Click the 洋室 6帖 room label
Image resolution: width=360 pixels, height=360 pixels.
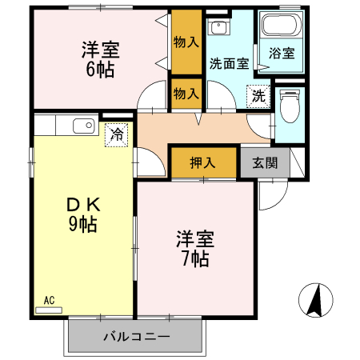pyautogui.click(x=100, y=59)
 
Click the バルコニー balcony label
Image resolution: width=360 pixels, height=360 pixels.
pyautogui.click(x=136, y=338)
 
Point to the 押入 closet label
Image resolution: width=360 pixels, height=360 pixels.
pyautogui.click(x=203, y=162)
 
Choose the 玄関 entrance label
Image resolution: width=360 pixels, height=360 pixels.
pyautogui.click(x=265, y=162)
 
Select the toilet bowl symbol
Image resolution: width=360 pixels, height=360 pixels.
pyautogui.click(x=290, y=106)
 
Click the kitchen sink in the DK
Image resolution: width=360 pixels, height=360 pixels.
pyautogui.click(x=83, y=125)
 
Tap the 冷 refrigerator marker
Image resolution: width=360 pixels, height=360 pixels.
pyautogui.click(x=117, y=134)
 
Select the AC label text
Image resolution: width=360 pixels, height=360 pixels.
pyautogui.click(x=49, y=301)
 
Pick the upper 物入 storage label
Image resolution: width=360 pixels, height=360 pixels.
pyautogui.click(x=186, y=42)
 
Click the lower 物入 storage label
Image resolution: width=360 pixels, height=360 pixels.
pyautogui.click(x=186, y=94)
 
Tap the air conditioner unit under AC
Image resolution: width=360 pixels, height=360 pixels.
pyautogui.click(x=49, y=310)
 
